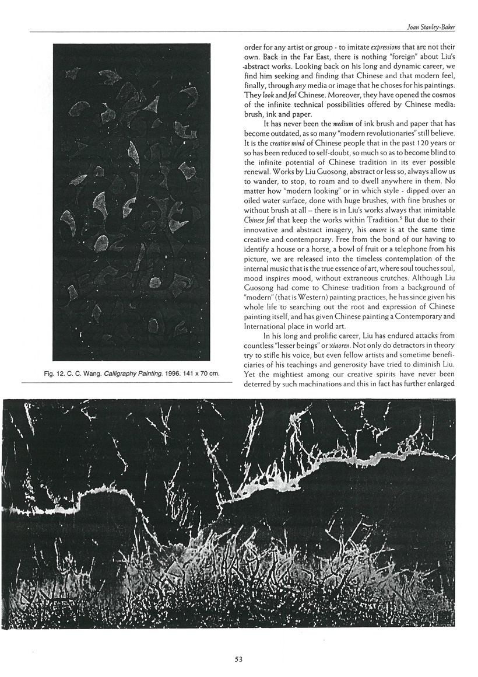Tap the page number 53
[x=238, y=659]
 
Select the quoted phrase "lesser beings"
[x=308, y=346]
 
